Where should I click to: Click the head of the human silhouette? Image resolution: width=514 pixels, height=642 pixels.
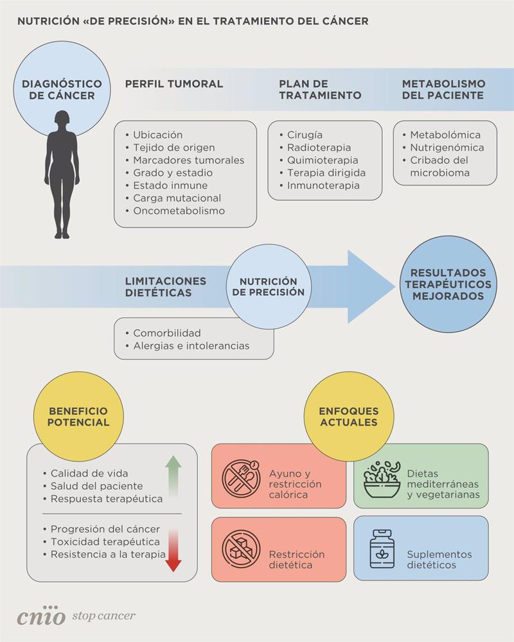(x=62, y=120)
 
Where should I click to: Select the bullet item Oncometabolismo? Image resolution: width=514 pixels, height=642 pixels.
(x=179, y=211)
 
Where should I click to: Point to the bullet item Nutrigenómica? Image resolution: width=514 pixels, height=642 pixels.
(x=447, y=148)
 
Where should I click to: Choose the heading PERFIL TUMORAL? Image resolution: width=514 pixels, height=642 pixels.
(x=173, y=84)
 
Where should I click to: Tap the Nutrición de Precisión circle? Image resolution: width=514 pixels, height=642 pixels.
(x=268, y=286)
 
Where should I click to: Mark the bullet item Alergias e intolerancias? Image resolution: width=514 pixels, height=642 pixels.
(x=191, y=345)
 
